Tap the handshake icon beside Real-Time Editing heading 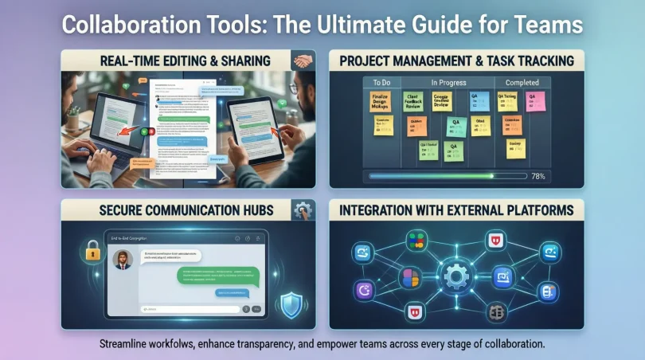(302, 60)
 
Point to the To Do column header (375, 82)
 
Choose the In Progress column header (449, 82)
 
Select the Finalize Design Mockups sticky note (379, 103)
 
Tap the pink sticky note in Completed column (535, 101)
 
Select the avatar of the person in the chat (123, 260)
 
